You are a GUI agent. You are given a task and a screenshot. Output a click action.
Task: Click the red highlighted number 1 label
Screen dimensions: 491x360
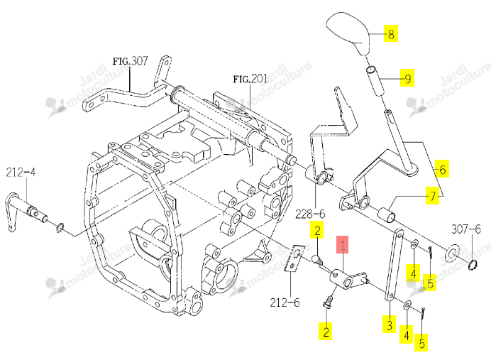pos(342,244)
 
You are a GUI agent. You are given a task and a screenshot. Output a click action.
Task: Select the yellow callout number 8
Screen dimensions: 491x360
pos(391,33)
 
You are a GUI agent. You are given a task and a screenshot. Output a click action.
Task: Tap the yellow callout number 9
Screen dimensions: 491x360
pos(407,77)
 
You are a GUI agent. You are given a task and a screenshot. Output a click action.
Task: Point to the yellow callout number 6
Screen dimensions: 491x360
pos(442,169)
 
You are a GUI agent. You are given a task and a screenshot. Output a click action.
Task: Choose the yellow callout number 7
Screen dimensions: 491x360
pos(432,195)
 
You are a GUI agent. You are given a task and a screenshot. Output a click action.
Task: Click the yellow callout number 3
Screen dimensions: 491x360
pos(390,324)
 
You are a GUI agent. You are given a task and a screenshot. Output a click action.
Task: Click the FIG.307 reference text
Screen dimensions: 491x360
pos(130,60)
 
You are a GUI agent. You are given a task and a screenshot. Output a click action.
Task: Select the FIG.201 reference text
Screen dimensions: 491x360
pos(250,78)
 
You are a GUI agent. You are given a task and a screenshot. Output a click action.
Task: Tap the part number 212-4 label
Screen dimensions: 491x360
pos(21,172)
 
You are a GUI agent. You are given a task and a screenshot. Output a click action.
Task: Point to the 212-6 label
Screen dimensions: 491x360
pos(285,302)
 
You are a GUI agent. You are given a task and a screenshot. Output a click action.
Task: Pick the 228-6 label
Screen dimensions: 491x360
pos(310,214)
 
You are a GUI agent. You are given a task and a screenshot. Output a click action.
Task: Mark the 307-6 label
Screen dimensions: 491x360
pos(466,229)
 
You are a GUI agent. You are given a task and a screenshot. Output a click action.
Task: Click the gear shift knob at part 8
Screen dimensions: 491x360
pos(348,33)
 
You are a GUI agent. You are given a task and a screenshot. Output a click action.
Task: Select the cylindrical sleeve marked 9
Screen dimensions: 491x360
pos(375,81)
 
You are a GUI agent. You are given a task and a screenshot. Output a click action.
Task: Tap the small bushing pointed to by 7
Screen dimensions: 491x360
pos(386,214)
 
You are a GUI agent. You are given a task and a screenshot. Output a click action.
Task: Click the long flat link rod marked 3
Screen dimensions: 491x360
pos(394,265)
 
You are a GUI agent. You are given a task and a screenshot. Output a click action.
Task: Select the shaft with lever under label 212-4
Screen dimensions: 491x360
pos(27,212)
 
